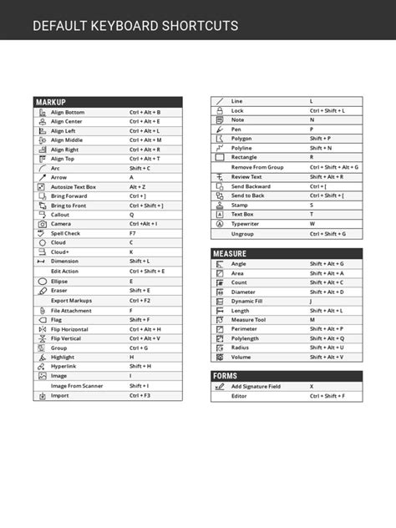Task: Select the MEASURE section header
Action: [230, 253]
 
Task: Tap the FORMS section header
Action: [226, 376]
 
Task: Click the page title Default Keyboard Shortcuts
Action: [135, 26]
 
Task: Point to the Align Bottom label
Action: [68, 112]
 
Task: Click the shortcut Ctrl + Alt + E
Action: [145, 121]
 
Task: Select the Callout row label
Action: [61, 215]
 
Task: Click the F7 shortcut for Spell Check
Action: [132, 233]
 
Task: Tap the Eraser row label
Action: [59, 290]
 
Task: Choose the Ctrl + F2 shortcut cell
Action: [140, 300]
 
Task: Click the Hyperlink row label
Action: [64, 366]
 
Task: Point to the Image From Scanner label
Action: [77, 385]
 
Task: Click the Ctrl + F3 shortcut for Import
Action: [140, 395]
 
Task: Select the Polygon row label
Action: [242, 139]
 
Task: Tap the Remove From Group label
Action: [257, 167]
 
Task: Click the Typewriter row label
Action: [246, 224]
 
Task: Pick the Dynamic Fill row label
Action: [247, 301]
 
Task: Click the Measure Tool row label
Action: [248, 319]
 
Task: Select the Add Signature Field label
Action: [256, 387]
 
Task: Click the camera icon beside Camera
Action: [42, 224]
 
